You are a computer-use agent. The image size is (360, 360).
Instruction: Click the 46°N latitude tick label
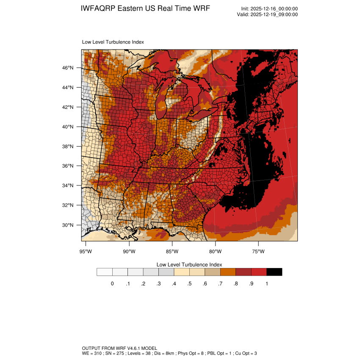(x=69, y=68)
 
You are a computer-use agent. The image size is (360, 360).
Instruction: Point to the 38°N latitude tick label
(x=69, y=147)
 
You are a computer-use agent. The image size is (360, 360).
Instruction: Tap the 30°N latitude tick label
(x=69, y=225)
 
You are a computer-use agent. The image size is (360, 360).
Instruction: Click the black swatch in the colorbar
(x=274, y=272)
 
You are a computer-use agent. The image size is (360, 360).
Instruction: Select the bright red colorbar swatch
(x=259, y=272)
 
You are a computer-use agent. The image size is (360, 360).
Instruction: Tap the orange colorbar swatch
(x=228, y=272)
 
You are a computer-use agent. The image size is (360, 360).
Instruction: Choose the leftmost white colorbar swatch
(x=105, y=272)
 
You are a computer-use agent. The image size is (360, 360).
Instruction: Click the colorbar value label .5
(x=189, y=284)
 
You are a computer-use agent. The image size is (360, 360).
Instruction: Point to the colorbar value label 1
(x=267, y=284)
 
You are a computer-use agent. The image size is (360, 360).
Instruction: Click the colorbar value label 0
(x=112, y=284)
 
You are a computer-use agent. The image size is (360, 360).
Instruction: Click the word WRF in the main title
(x=201, y=9)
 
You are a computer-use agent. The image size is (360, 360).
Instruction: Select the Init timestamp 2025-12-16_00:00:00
(x=275, y=9)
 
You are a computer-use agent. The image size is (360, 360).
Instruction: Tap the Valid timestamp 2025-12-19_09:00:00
(x=274, y=14)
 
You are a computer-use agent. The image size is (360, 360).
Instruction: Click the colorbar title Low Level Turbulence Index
(x=189, y=264)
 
